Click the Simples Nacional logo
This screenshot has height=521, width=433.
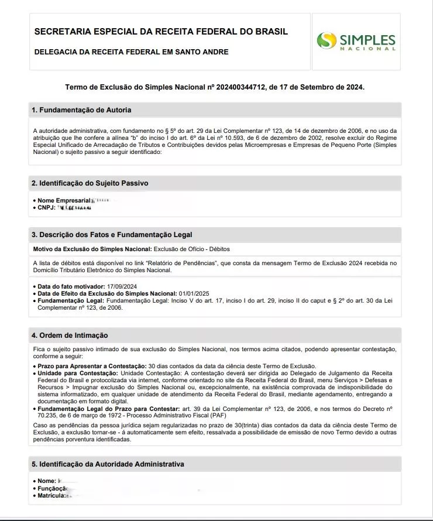[356, 41]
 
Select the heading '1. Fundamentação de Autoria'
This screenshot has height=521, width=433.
[81, 110]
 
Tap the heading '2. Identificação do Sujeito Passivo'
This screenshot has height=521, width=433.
[90, 183]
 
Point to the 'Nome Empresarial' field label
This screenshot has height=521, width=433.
[65, 201]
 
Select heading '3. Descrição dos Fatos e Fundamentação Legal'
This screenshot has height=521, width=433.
[111, 235]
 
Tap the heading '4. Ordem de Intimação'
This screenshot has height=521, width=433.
[70, 335]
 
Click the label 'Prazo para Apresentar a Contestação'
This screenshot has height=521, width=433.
[90, 366]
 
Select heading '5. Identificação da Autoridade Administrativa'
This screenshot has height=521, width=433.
[108, 464]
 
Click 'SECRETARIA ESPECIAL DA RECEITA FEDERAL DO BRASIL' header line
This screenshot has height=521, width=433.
[161, 31]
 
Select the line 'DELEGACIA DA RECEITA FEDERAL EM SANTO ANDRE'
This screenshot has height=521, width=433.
[132, 52]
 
